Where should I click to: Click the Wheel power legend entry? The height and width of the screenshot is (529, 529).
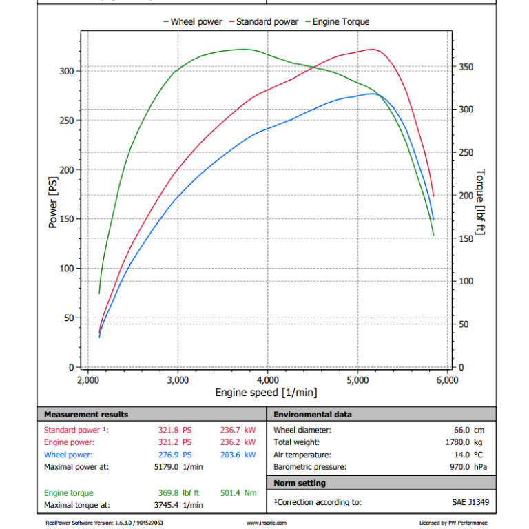pos(193,22)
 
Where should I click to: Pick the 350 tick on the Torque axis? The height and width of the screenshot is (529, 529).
pos(466,67)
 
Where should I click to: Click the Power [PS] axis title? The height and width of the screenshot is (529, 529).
pos(53,204)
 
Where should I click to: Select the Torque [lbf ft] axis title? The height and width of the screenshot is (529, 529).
pos(480,201)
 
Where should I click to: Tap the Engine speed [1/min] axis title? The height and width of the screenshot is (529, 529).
pos(266,393)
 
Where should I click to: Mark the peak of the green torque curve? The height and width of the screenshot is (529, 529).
pos(242,49)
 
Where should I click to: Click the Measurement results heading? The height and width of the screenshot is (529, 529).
pos(86,414)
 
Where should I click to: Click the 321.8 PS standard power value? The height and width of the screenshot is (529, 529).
pos(175,430)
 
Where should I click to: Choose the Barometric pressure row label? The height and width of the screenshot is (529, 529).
pos(309,467)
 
